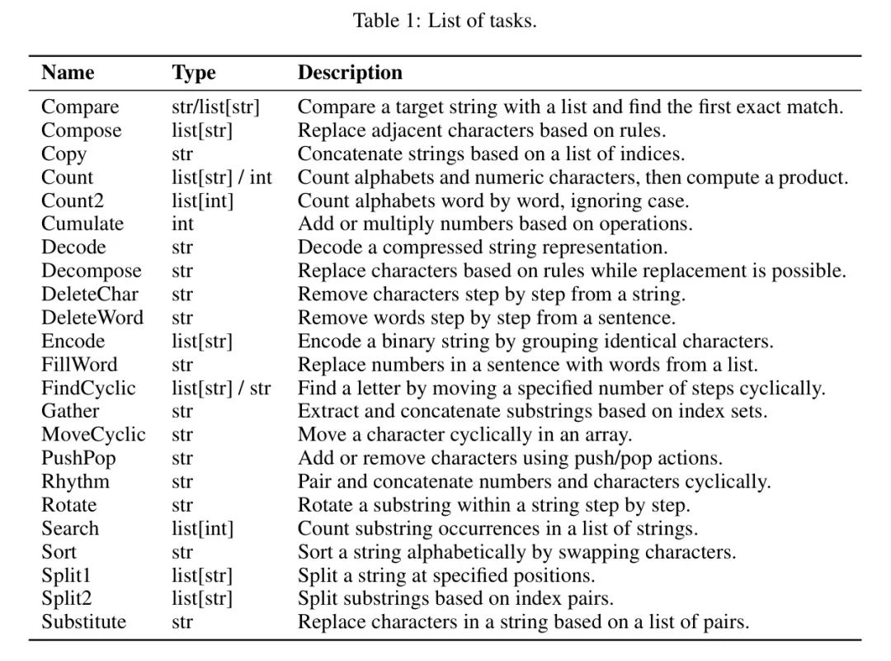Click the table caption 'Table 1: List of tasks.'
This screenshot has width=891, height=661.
[x=445, y=20]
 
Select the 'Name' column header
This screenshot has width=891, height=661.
[x=68, y=73]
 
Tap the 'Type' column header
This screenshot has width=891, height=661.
[x=194, y=73]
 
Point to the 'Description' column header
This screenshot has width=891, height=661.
[x=350, y=73]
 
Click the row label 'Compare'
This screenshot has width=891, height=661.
[x=80, y=107]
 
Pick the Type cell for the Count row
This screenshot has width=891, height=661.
[x=222, y=177]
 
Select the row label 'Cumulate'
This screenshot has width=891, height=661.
[x=82, y=224]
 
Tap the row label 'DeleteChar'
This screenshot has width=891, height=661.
[x=90, y=295]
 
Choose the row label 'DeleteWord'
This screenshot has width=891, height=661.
[x=92, y=318]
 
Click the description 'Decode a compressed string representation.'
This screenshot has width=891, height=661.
[x=483, y=248]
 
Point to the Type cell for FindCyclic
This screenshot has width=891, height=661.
[x=221, y=388]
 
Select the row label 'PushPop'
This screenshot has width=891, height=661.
[x=78, y=458]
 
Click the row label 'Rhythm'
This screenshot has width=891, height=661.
[x=75, y=481]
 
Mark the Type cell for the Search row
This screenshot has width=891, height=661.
[x=203, y=529]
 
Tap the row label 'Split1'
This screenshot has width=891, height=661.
[x=66, y=575]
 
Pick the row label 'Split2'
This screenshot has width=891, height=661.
[x=66, y=598]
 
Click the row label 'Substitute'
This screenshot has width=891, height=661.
[x=83, y=621]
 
